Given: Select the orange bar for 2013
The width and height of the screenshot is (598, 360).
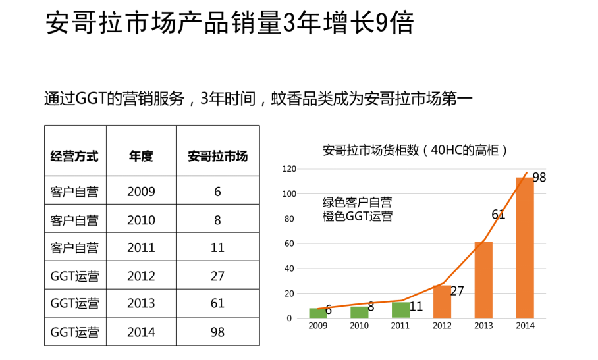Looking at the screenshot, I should [x=483, y=280].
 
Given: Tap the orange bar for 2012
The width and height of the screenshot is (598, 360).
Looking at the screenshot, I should [x=442, y=301].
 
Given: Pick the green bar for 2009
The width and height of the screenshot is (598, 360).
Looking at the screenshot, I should [x=317, y=313].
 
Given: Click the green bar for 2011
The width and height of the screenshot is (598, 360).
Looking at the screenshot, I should [x=400, y=311].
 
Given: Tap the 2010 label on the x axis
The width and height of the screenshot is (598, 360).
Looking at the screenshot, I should [x=359, y=326].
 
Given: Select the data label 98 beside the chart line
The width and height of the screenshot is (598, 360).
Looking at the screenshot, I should [x=539, y=178].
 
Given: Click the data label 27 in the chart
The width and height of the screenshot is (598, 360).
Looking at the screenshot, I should [x=457, y=291].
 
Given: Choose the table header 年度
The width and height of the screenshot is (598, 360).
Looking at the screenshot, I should [x=141, y=157].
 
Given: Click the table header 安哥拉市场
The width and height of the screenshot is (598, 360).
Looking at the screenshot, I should [x=217, y=157].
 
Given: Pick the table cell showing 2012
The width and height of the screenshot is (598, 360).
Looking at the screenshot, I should [x=141, y=276].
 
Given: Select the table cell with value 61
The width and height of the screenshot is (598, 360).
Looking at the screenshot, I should [x=217, y=303].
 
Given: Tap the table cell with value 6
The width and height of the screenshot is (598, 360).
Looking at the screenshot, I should [x=217, y=192].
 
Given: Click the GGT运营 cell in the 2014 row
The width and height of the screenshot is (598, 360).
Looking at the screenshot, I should [x=75, y=332].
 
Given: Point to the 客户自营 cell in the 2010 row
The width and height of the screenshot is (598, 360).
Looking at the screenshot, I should [x=75, y=220].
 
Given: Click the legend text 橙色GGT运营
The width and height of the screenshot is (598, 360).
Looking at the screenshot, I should [x=357, y=217].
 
